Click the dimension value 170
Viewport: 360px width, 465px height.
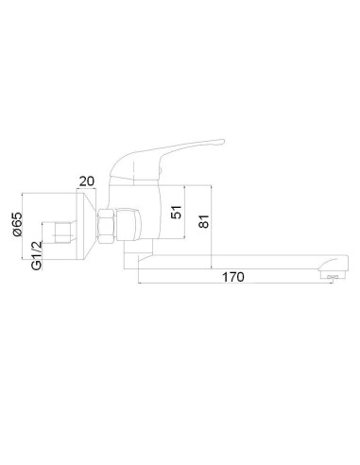click(x=235, y=277)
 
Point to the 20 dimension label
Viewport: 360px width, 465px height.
click(x=87, y=180)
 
